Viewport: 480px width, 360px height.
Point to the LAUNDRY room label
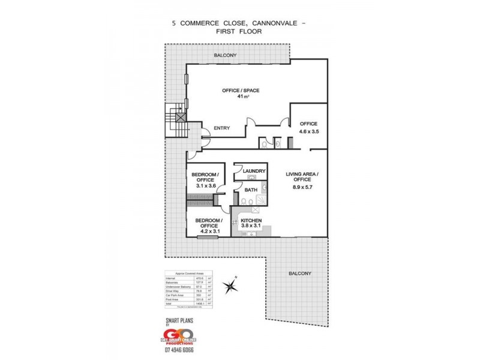[x=254, y=171]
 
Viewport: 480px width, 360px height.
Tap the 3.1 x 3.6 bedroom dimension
[x=205, y=187]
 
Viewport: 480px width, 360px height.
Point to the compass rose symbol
[x=230, y=286]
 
